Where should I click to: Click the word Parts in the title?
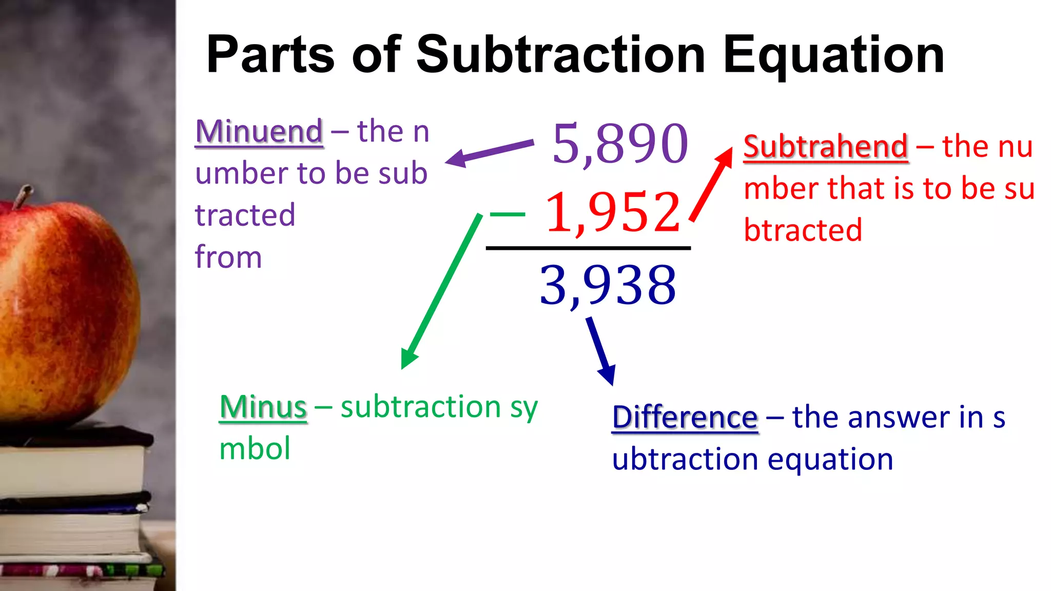tap(270, 55)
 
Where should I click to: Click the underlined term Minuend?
tap(259, 131)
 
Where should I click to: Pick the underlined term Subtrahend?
tap(826, 147)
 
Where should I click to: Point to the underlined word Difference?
tap(685, 417)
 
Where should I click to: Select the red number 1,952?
tap(613, 212)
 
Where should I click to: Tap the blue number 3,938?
tap(608, 285)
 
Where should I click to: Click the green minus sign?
tap(508, 214)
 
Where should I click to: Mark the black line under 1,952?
tap(588, 248)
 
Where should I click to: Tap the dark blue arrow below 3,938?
tap(601, 351)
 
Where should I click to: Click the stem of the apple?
tap(22, 196)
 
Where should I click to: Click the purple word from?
tap(228, 257)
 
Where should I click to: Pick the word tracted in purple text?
tap(245, 215)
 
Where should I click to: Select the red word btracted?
tap(803, 230)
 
